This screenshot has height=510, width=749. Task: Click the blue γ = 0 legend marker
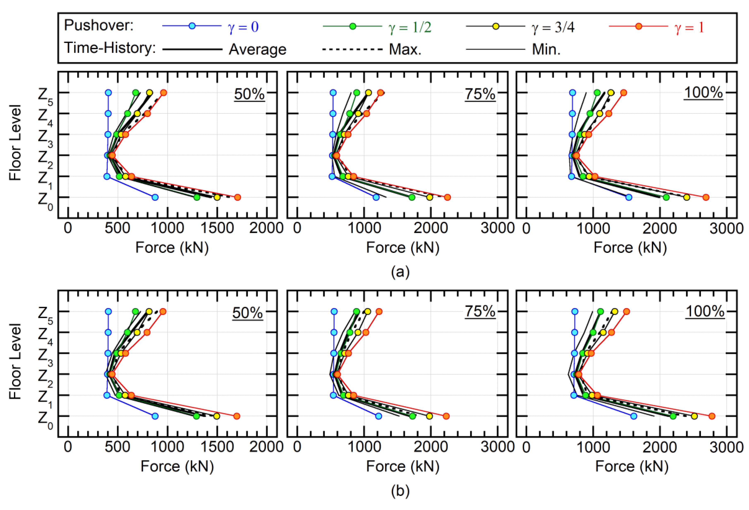(x=192, y=26)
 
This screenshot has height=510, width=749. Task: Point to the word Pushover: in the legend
(x=99, y=25)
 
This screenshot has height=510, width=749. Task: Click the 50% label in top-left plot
(x=249, y=94)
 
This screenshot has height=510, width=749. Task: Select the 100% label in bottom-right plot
(x=705, y=311)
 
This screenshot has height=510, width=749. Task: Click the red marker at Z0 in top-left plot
(x=238, y=197)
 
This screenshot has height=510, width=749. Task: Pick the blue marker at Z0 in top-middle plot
(x=376, y=197)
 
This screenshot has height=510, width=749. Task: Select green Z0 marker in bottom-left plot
(x=196, y=416)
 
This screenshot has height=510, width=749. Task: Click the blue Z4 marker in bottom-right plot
(x=574, y=332)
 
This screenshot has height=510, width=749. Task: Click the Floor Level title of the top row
(x=15, y=142)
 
